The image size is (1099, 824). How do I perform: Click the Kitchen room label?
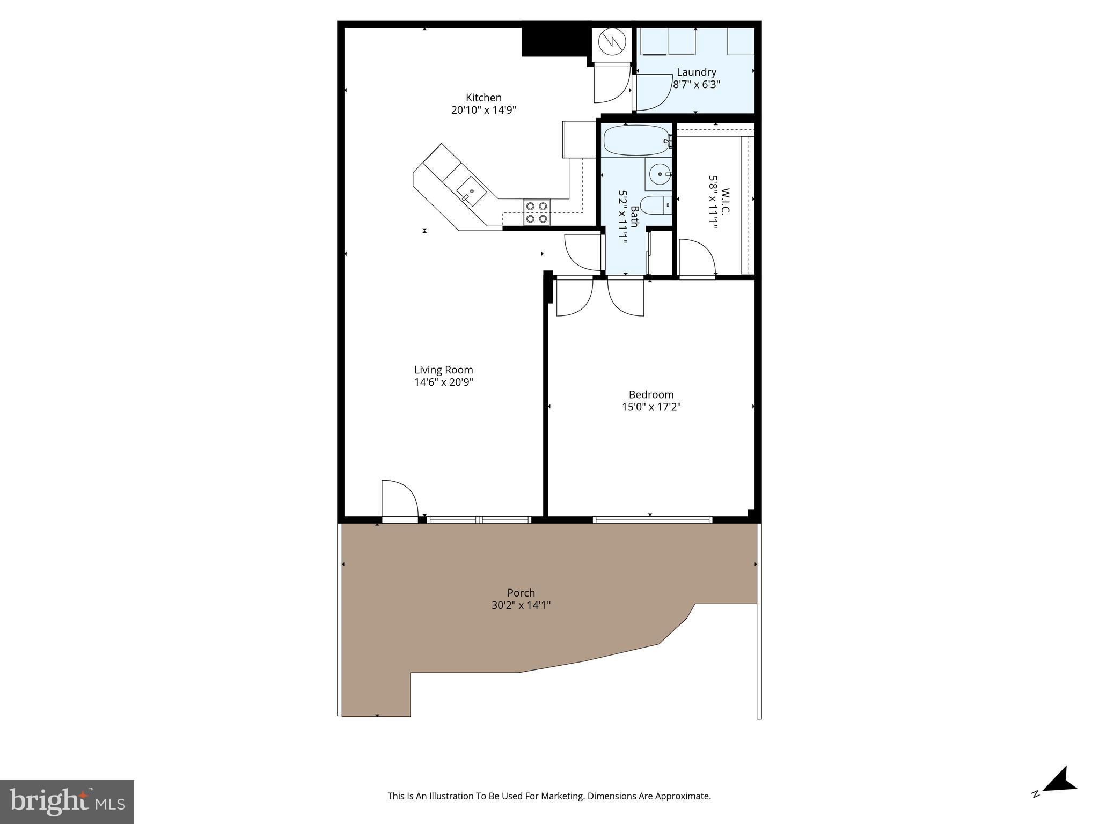pos(483,98)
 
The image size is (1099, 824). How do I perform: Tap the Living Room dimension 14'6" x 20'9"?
pos(443,382)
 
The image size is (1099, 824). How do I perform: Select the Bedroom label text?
pos(651,394)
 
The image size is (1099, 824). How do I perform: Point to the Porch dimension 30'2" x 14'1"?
pos(521,606)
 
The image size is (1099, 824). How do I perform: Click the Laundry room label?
pos(696,72)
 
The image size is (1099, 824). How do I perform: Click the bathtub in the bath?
pos(636,141)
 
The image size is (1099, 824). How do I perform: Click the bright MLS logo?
pos(67,802)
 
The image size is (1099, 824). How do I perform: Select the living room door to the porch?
pos(399,502)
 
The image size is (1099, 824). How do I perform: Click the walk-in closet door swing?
pos(697,259)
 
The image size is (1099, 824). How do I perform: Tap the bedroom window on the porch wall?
pos(652,519)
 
